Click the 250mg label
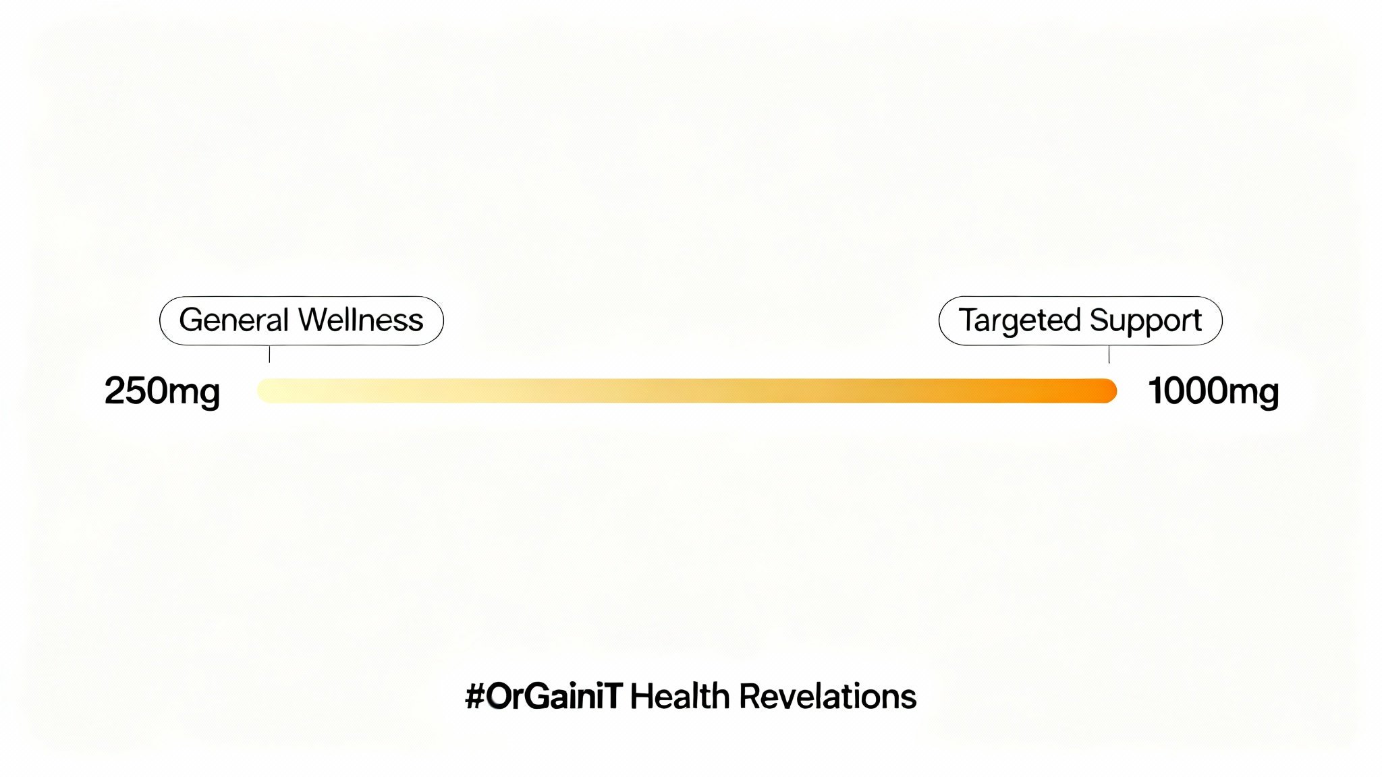pos(162,392)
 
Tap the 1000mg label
pos(1213,392)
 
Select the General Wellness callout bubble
pos(302,321)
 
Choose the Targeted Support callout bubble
pos(1080,321)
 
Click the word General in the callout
pos(233,320)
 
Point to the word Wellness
pos(362,320)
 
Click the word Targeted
pos(1020,321)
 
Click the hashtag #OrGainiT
pos(543,696)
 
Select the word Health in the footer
pos(680,696)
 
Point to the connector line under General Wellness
pos(269,354)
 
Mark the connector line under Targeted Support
pos(1109,354)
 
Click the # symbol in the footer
pos(475,697)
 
